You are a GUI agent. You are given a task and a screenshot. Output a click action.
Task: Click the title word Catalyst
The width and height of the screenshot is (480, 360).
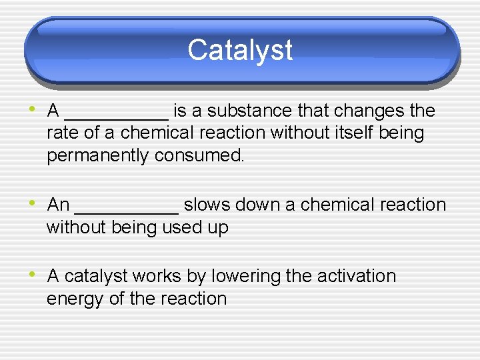tap(240, 50)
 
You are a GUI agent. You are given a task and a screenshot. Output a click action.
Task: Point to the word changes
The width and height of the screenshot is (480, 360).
tap(370, 111)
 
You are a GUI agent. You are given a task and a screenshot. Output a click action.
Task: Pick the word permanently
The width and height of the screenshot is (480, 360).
tap(98, 156)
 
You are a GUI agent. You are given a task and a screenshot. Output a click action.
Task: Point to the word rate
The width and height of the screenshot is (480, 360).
tap(63, 133)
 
